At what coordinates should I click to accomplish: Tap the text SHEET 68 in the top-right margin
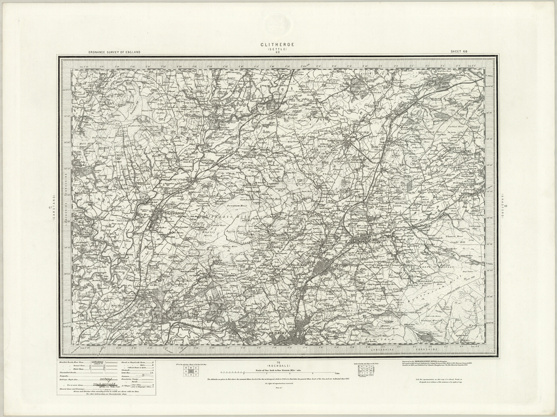[459, 52]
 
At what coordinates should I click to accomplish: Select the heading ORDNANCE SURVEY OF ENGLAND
[114, 52]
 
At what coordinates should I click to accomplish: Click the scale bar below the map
[277, 372]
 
